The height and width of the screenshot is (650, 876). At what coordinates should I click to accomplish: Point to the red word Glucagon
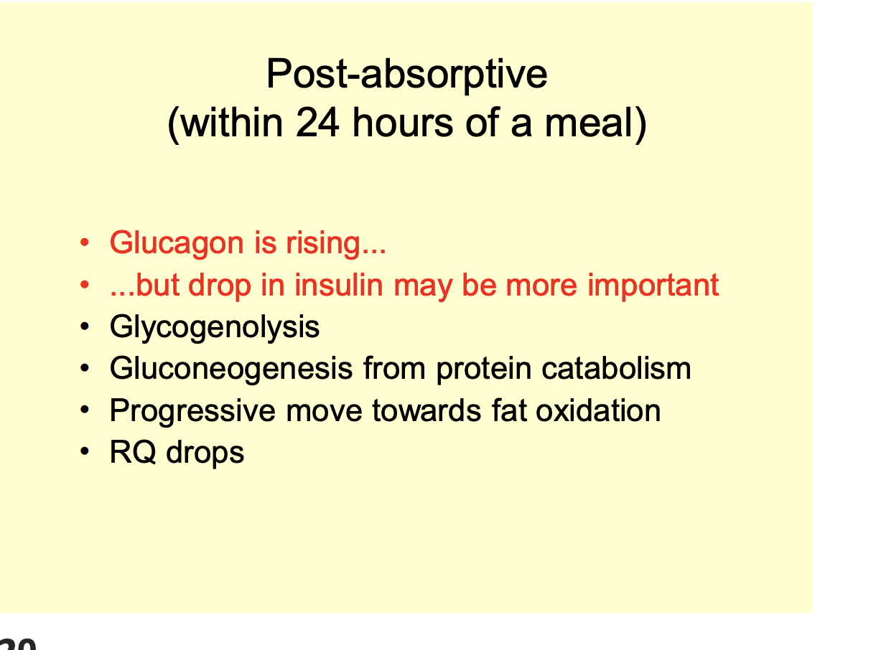coord(177,244)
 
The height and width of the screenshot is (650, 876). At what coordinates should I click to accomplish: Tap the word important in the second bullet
coord(653,285)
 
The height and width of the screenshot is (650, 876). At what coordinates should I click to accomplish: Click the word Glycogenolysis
coord(215,327)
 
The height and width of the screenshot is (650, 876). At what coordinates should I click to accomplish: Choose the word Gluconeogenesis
coord(231,369)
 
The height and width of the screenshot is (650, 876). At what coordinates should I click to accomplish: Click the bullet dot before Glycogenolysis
coord(85,328)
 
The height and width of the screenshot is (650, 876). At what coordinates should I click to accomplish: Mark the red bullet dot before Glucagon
coord(85,244)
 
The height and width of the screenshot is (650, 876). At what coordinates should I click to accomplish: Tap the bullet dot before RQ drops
coord(85,453)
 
